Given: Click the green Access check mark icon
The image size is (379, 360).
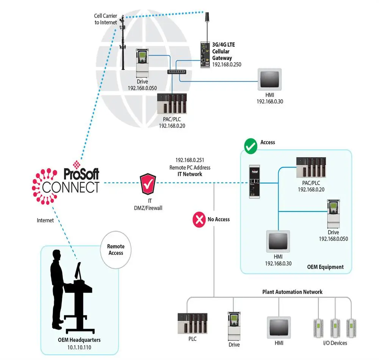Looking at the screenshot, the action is [x=251, y=146].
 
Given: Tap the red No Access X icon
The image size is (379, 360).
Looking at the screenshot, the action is [x=199, y=220].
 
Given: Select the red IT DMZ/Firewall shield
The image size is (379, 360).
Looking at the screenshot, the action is [x=148, y=184].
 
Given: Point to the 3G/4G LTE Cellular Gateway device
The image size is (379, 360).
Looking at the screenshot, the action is [x=205, y=55].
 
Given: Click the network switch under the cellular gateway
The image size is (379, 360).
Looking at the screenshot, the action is [x=177, y=72].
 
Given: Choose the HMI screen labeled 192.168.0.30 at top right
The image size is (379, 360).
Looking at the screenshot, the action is [x=269, y=79].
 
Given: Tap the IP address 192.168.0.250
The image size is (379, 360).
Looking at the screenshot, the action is [x=227, y=64].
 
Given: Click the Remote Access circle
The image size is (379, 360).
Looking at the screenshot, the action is [x=116, y=250].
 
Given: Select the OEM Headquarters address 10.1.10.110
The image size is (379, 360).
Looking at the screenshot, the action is [x=79, y=347].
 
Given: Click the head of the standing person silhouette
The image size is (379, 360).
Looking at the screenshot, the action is [x=56, y=255].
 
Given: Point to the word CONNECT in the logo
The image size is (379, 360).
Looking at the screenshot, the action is [x=71, y=187].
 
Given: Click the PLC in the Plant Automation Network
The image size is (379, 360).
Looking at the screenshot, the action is [x=193, y=324].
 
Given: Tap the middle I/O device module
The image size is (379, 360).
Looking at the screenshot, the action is [x=335, y=328].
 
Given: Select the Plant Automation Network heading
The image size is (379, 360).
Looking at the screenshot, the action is [x=292, y=292].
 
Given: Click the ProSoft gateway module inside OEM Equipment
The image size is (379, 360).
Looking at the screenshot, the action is [x=255, y=182].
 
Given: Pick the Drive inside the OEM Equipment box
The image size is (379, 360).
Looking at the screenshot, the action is [x=334, y=214].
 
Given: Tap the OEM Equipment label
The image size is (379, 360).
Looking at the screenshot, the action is [x=325, y=267].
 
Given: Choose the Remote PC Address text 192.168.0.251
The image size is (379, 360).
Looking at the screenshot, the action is [x=190, y=160].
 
